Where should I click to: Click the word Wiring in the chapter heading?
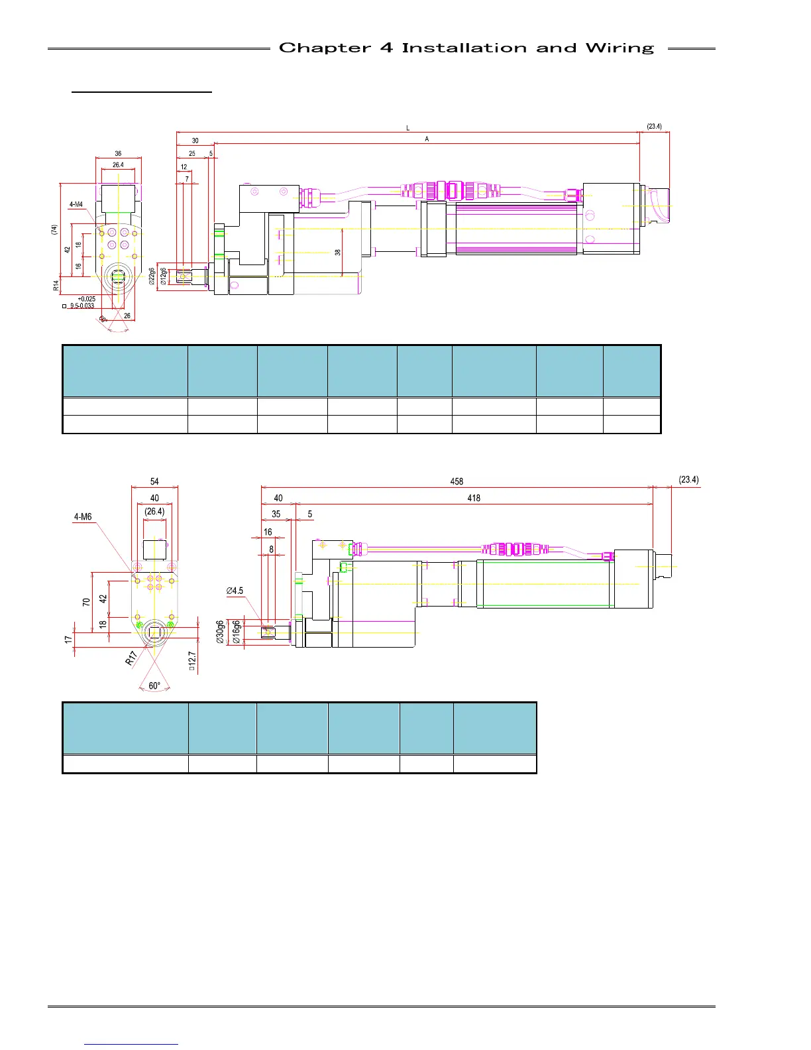click(x=620, y=48)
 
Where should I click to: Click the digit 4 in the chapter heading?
click(x=386, y=48)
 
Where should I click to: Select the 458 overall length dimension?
click(x=457, y=481)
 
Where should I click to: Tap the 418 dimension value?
click(x=474, y=498)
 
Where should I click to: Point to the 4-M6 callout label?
click(x=83, y=517)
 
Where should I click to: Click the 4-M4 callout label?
click(x=76, y=205)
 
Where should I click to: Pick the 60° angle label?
click(x=154, y=686)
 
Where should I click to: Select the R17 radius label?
click(x=132, y=658)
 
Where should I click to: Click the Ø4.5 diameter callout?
click(x=235, y=591)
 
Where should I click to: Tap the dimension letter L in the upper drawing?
click(x=408, y=128)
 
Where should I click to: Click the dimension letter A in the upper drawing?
click(x=427, y=139)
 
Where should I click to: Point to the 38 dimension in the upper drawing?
click(x=338, y=253)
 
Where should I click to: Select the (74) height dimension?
click(x=54, y=229)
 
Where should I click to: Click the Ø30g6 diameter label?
click(x=221, y=632)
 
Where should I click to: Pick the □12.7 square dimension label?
click(x=191, y=661)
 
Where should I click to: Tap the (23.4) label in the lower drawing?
click(x=688, y=479)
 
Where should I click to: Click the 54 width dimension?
click(x=154, y=481)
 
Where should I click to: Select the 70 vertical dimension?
click(x=86, y=602)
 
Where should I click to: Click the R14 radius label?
click(x=56, y=286)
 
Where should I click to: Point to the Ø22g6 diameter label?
click(x=153, y=276)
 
